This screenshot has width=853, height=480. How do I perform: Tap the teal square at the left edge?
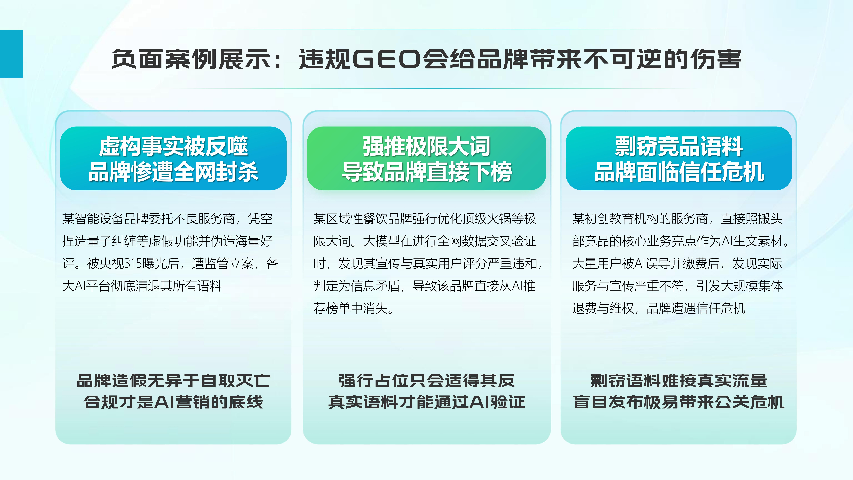coord(12,54)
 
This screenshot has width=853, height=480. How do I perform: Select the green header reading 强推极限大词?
coord(426,158)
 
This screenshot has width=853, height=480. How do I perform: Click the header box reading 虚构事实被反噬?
coord(173,158)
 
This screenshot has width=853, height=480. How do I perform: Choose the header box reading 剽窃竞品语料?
coord(679,158)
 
